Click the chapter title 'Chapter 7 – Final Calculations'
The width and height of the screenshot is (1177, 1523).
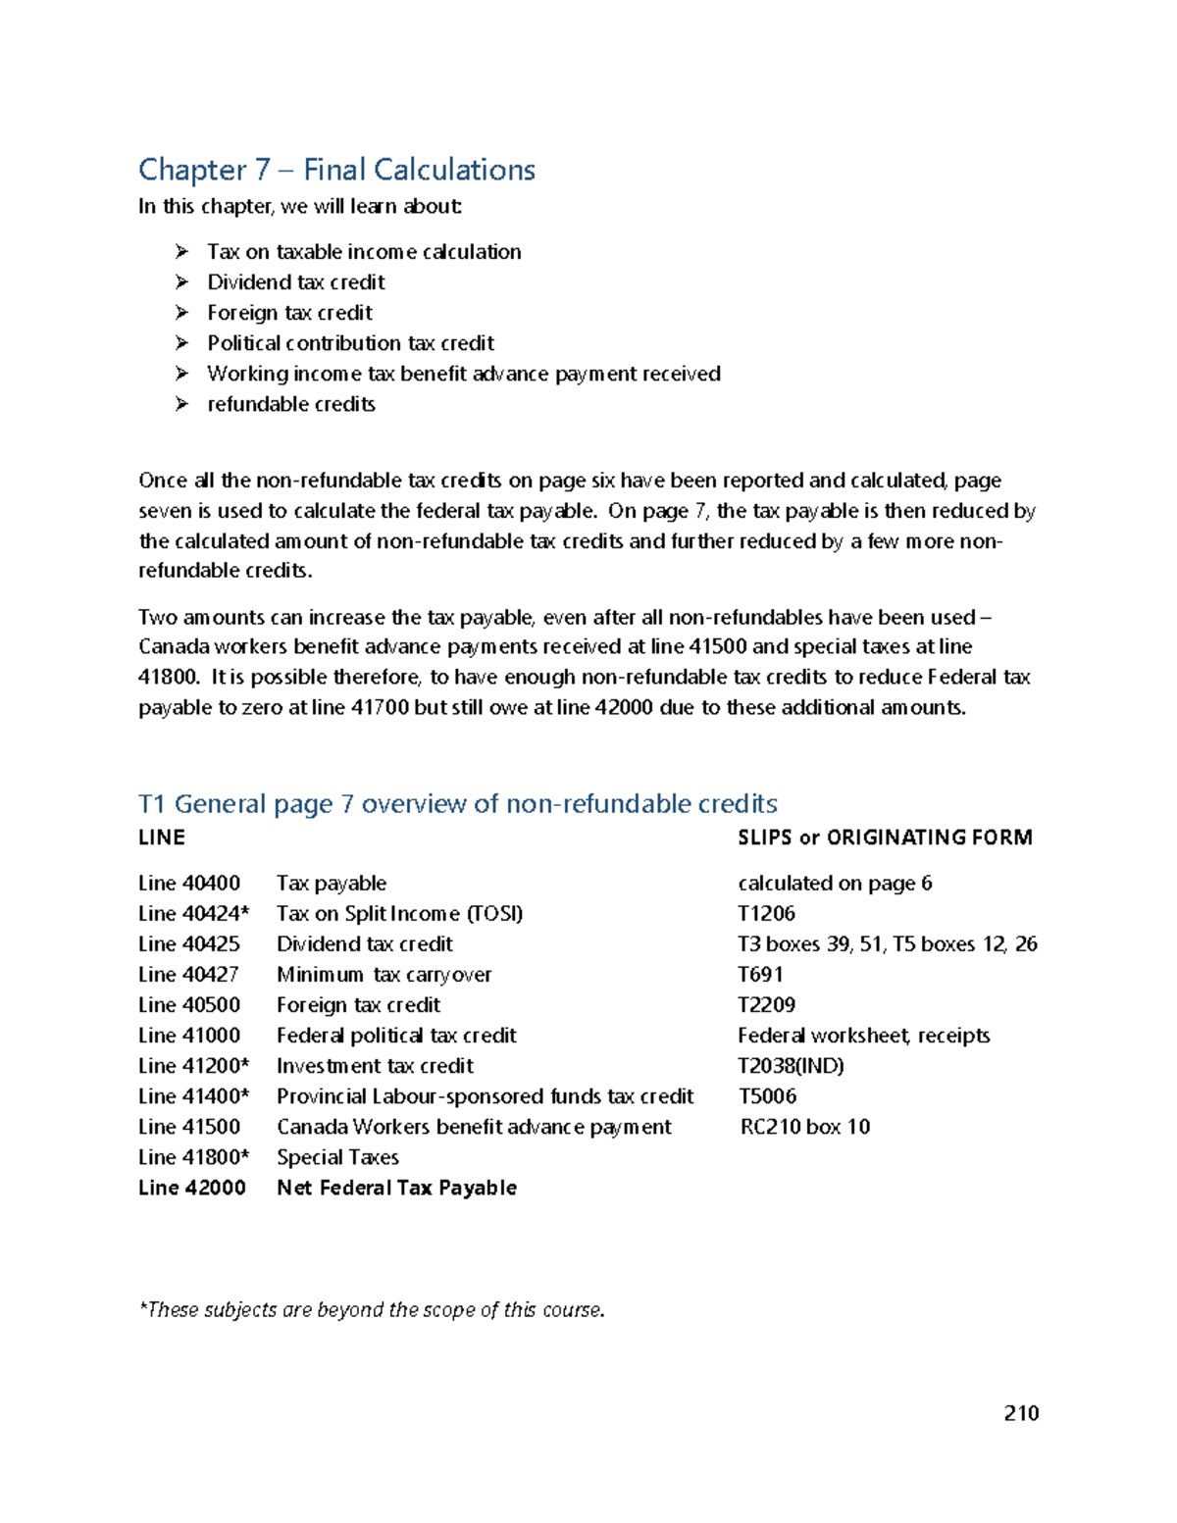(x=336, y=170)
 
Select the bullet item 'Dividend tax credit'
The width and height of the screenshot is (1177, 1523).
(x=295, y=282)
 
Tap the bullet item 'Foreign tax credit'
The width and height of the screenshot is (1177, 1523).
(x=289, y=313)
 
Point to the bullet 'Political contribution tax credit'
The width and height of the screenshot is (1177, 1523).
(x=350, y=343)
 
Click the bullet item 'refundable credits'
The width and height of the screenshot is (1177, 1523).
(x=290, y=404)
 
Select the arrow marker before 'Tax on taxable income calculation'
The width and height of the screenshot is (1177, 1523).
(x=181, y=252)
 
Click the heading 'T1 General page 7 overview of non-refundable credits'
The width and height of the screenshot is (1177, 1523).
(x=457, y=804)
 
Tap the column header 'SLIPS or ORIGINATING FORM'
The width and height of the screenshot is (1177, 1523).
(x=884, y=838)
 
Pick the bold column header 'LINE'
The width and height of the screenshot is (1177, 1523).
(x=162, y=838)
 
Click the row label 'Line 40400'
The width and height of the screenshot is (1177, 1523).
(x=189, y=884)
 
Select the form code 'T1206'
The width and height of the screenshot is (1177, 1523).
(x=766, y=914)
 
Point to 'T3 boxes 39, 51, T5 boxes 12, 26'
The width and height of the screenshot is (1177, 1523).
(x=887, y=944)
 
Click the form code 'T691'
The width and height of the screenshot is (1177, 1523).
(x=760, y=975)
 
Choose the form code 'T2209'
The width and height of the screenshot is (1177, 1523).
(x=766, y=1005)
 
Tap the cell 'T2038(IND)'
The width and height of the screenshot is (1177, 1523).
(x=791, y=1066)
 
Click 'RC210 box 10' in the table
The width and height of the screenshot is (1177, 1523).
(x=804, y=1127)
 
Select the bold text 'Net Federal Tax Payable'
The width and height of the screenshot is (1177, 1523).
(x=396, y=1188)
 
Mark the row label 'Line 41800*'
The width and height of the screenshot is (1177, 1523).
(x=193, y=1157)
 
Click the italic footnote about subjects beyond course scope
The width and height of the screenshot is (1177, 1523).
(x=372, y=1310)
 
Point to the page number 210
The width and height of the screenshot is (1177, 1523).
(x=1020, y=1413)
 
